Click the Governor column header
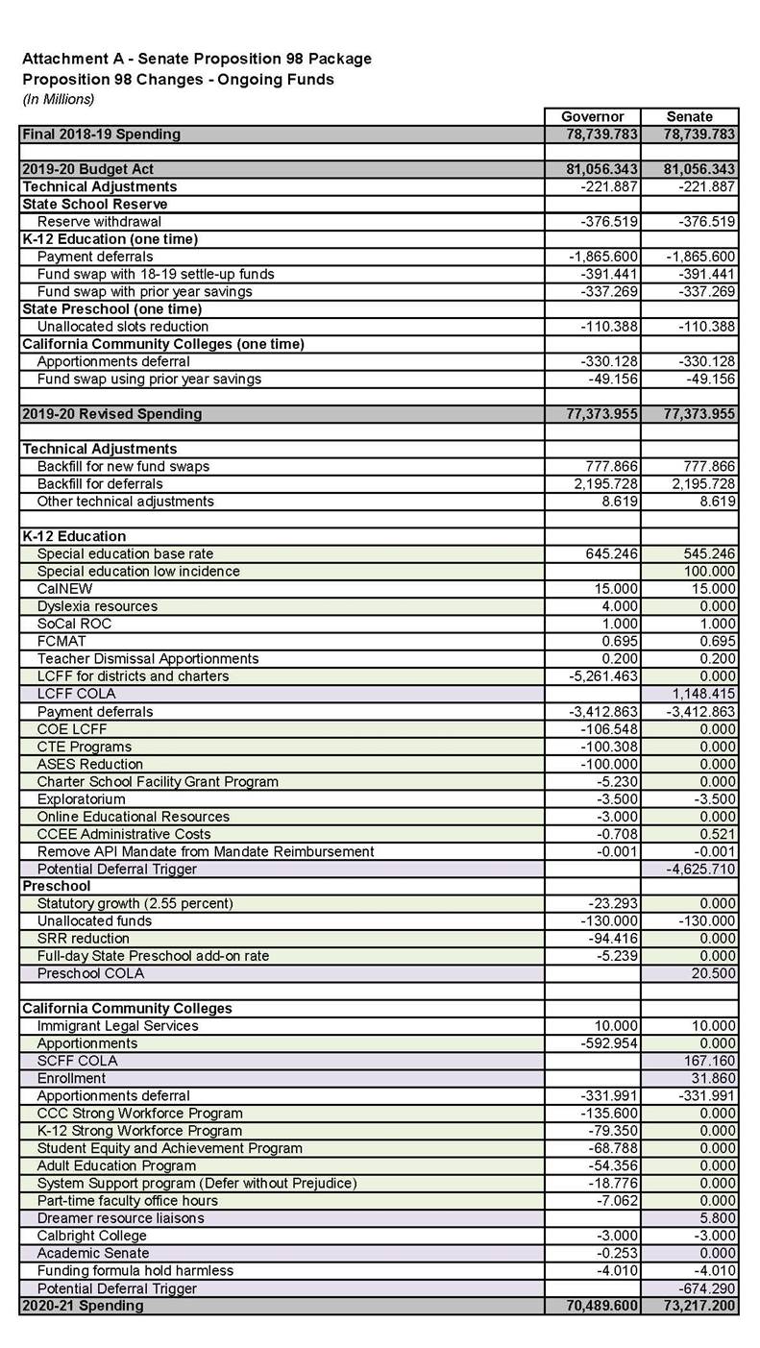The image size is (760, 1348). [x=592, y=116]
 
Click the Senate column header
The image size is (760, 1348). [x=689, y=116]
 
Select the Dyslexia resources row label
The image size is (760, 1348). [x=97, y=606]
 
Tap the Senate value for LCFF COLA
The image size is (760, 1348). [x=703, y=694]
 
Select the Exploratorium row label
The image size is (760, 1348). [x=81, y=798]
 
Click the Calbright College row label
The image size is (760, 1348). [x=91, y=1236]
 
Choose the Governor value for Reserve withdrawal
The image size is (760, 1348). [x=609, y=221]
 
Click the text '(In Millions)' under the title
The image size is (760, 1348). [x=59, y=99]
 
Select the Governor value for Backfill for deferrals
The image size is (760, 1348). [x=605, y=483]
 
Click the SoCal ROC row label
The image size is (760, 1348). [x=74, y=624]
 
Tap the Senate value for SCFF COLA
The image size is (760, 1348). [x=711, y=1061]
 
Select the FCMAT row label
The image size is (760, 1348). [x=61, y=641]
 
